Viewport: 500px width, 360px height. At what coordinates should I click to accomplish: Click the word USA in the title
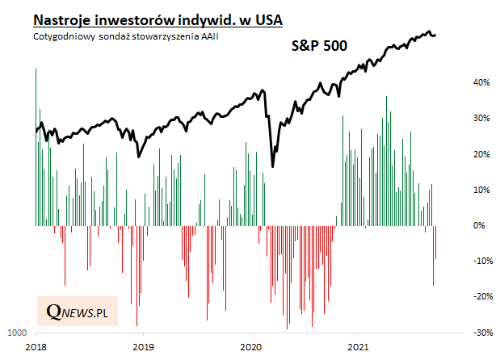(x=267, y=19)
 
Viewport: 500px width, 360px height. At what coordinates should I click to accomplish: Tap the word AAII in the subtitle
(x=208, y=36)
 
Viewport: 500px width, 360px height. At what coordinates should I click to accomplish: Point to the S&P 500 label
(x=319, y=47)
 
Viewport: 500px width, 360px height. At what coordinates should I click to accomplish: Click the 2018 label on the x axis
(x=36, y=348)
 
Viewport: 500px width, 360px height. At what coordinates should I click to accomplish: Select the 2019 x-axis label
(x=143, y=348)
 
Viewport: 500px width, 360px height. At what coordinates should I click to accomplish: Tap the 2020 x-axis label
(x=250, y=348)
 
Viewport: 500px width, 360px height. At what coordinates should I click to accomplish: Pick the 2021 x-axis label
(x=358, y=348)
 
